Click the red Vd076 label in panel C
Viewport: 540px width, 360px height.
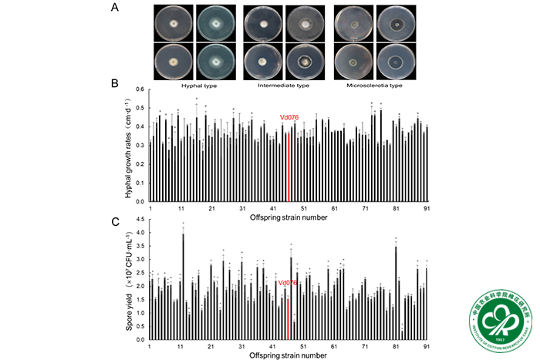pos(288,283)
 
